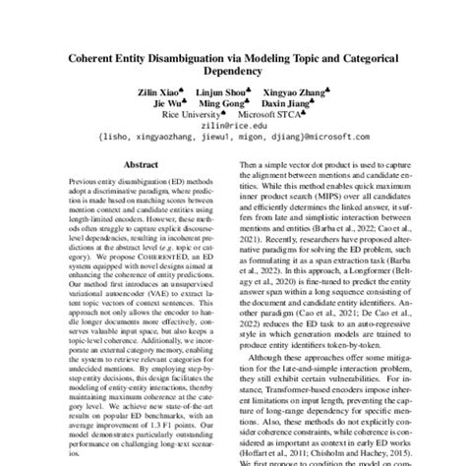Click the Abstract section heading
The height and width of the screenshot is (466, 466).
point(136,168)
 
